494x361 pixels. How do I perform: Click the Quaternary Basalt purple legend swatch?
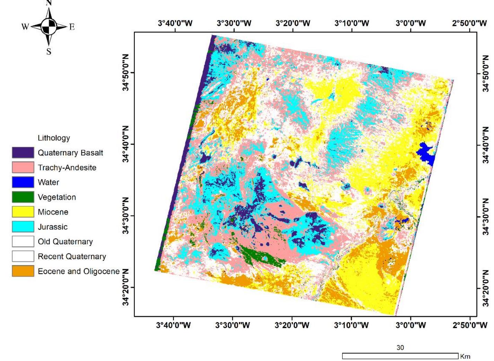coord(23,153)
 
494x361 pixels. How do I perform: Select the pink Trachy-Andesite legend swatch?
coord(23,167)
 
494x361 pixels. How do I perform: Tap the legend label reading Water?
coord(48,182)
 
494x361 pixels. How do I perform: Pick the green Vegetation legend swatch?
coord(23,197)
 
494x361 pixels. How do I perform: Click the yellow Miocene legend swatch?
coord(23,212)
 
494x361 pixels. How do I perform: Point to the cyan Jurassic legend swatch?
coord(23,227)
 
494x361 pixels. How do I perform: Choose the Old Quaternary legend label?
coord(65,242)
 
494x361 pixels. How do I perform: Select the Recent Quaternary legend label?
coord(72,257)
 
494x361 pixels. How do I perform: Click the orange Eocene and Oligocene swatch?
coord(23,271)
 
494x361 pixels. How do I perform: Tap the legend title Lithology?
coord(54,138)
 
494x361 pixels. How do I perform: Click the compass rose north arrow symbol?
coord(49,26)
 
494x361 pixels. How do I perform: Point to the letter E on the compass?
coord(72,27)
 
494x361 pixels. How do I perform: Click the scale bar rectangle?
coord(400,356)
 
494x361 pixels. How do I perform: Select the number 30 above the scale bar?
coord(400,347)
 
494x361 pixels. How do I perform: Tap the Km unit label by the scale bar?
coord(465,356)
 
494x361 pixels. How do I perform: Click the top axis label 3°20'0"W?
coord(293,23)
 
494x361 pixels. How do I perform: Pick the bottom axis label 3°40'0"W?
coord(173,325)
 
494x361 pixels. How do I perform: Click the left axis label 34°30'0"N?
coord(125,216)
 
